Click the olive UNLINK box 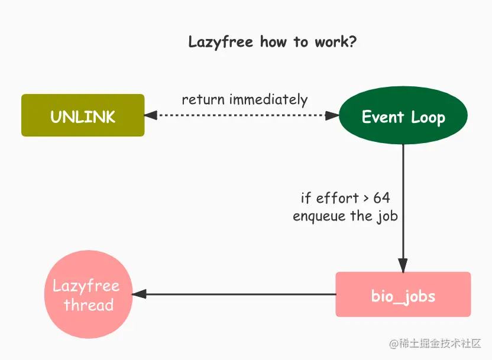[x=83, y=116]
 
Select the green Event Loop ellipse [x=403, y=116]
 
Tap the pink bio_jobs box [x=403, y=294]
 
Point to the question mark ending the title [x=353, y=42]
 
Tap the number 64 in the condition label [x=381, y=197]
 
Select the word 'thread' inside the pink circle [x=89, y=305]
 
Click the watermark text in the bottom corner [x=435, y=343]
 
